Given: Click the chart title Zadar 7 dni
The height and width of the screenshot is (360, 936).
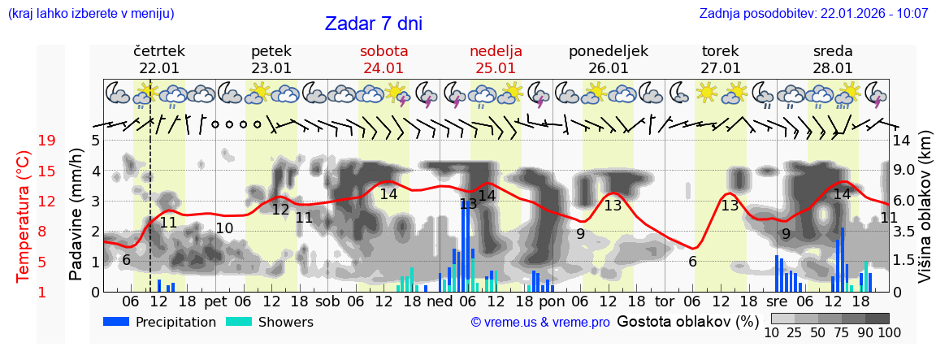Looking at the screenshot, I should tap(373, 24).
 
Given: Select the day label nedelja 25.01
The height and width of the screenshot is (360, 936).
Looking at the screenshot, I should tap(496, 59).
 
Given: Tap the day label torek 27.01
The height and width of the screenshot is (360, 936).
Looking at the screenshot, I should tap(721, 59).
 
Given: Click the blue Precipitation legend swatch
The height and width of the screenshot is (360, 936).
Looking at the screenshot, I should tap(116, 322).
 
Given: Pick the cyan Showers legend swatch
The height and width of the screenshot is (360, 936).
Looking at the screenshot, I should tap(238, 322).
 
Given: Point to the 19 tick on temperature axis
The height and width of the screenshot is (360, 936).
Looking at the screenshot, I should tap(46, 141).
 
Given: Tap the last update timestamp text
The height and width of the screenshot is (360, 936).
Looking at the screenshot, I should tap(813, 14).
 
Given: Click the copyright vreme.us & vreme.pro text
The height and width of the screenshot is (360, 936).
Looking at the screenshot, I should tap(540, 323).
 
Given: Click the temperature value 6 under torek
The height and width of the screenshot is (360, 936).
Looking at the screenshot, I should tap(692, 262).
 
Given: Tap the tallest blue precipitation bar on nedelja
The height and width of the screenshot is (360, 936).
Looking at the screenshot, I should tap(463, 244).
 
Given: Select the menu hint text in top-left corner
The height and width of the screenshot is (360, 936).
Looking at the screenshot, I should tap(90, 14).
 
